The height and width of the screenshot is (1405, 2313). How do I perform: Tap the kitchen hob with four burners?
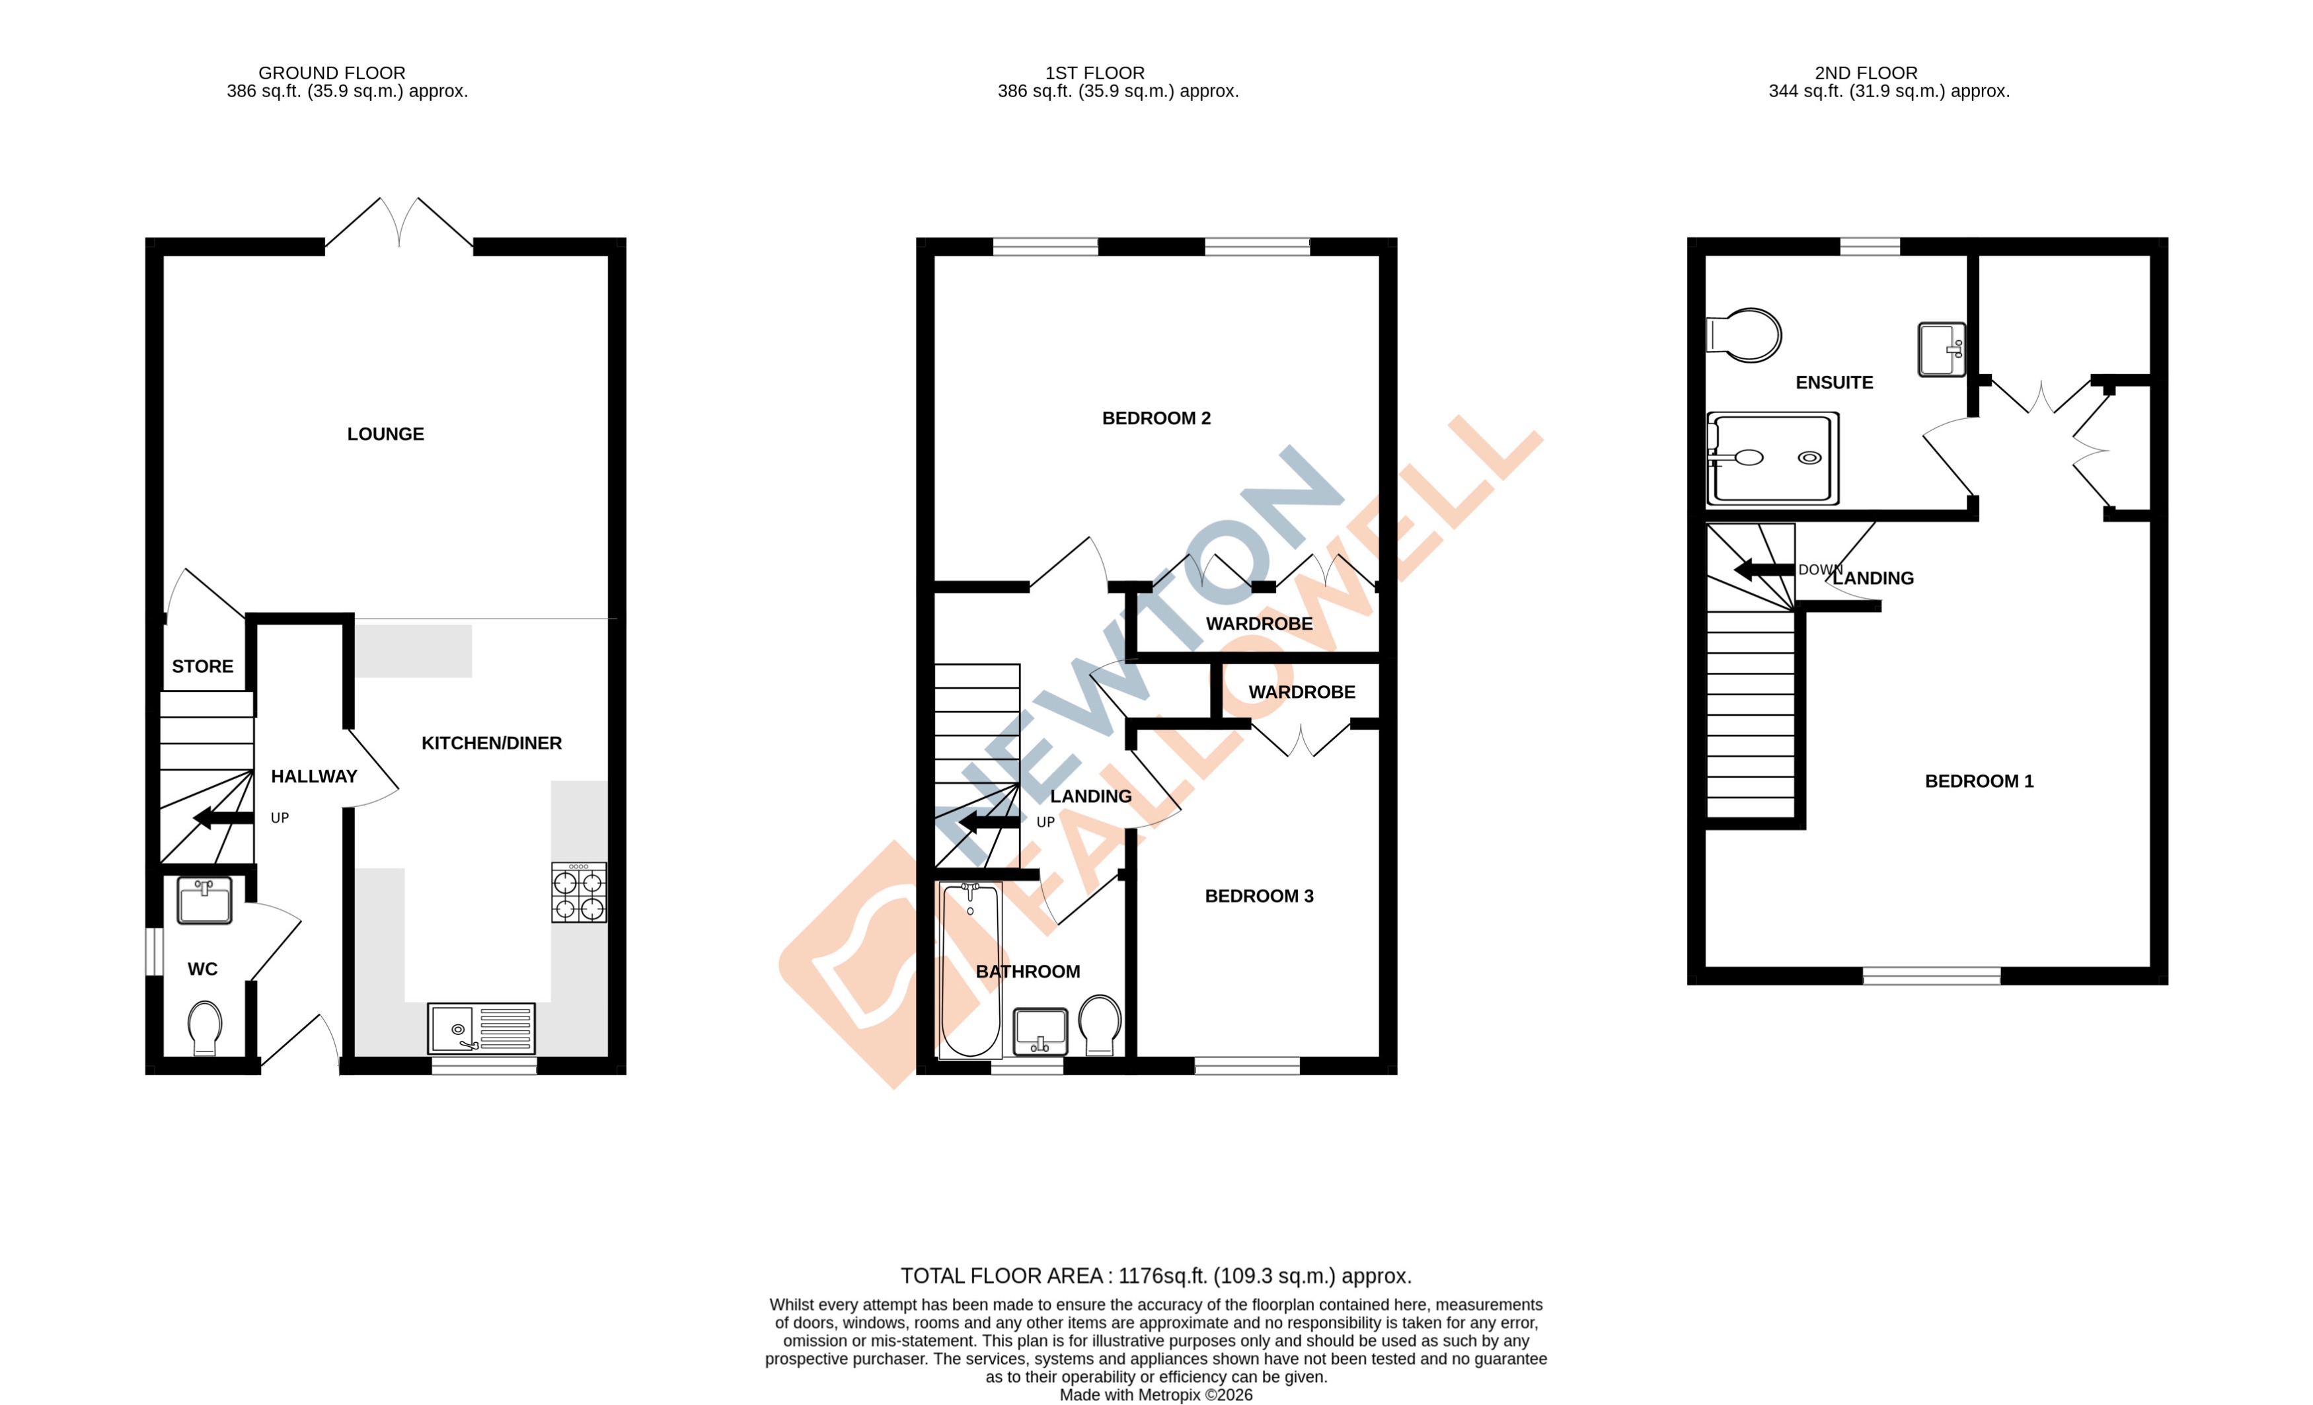(578, 893)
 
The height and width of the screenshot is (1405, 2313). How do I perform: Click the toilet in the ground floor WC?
(205, 1027)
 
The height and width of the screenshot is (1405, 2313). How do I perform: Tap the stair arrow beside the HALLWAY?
(223, 817)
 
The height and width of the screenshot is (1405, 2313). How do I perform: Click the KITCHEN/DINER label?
(491, 743)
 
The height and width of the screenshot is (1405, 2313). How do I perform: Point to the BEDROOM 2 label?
(1156, 418)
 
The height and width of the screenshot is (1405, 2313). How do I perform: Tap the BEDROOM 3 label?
(1259, 896)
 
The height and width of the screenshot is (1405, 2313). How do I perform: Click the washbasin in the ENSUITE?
(1942, 349)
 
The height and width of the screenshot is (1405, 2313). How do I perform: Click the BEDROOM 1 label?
(1979, 781)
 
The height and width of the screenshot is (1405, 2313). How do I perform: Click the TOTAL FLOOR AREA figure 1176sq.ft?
(1163, 1276)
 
